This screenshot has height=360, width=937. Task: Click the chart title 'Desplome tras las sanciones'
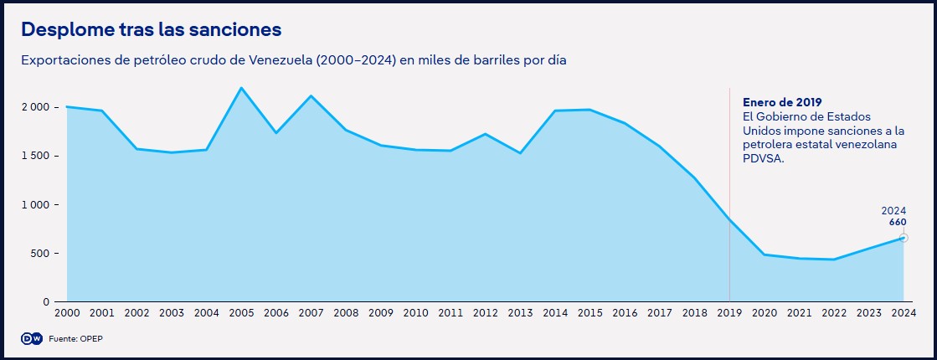pos(151,29)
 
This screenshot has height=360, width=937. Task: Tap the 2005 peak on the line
pos(241,88)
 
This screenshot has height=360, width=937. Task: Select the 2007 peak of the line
pos(311,95)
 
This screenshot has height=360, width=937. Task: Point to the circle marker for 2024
pos(904,238)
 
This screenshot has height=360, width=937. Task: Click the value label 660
pos(898,223)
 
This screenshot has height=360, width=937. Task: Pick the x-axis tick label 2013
pos(520,313)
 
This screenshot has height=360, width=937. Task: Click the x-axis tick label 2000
pos(67,313)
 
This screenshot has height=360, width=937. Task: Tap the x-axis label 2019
pos(729,313)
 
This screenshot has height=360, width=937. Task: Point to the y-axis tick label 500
pos(41,253)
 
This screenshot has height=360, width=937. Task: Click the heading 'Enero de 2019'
pos(782,102)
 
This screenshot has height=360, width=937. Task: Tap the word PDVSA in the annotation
pos(762,158)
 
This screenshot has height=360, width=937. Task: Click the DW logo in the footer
pos(31,337)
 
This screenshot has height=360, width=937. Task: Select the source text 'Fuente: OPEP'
pos(75,338)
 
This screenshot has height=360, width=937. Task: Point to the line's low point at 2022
pos(833,260)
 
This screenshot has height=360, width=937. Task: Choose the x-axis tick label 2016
pos(625,313)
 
